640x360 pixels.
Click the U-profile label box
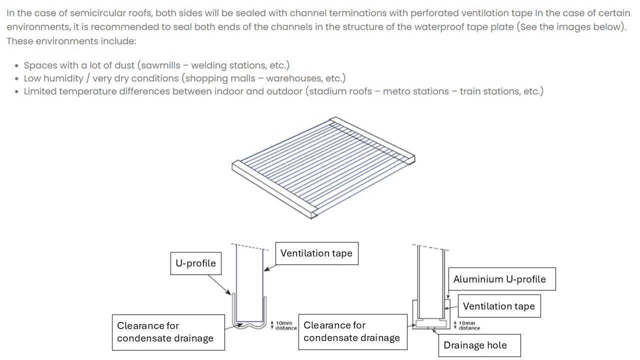[x=195, y=263]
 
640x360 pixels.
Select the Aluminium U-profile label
[x=499, y=279]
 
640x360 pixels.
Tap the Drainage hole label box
[x=475, y=345]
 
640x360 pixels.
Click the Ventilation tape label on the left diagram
[x=316, y=253]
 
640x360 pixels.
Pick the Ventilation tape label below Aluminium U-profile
[x=498, y=306]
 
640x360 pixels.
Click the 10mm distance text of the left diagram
[x=285, y=325]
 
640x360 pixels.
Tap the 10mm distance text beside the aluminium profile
[x=469, y=325]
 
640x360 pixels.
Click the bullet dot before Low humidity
[x=17, y=79]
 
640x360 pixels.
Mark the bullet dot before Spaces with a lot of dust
[x=17, y=66]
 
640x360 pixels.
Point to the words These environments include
[x=71, y=41]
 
